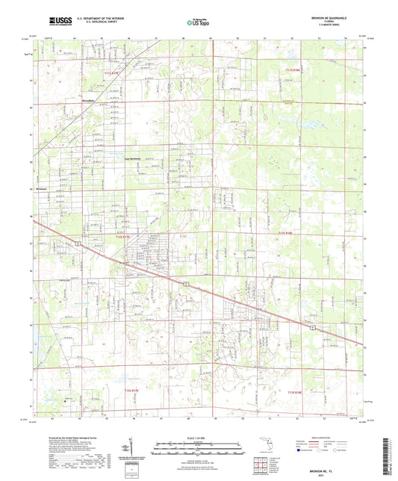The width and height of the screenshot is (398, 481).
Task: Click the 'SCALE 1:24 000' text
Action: point(199,438)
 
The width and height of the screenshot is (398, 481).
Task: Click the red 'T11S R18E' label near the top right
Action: point(293,71)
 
